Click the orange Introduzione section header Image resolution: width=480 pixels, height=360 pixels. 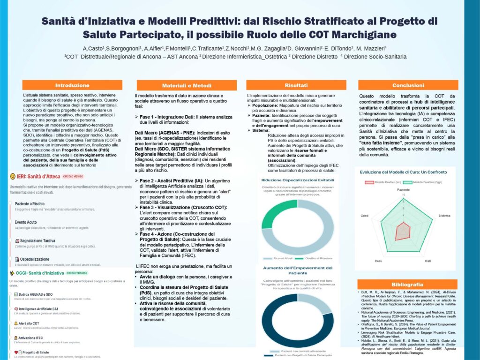pos(72,85)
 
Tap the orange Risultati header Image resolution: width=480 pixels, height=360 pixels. pos(296,85)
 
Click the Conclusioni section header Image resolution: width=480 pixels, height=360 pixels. pos(405,85)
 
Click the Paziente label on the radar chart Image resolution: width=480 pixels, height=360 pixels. pos(403,189)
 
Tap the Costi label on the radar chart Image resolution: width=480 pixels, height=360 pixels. pos(364,215)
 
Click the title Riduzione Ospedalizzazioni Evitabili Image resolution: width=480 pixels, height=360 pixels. pos(298,180)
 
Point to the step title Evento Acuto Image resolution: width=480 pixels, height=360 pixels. pos(26,222)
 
